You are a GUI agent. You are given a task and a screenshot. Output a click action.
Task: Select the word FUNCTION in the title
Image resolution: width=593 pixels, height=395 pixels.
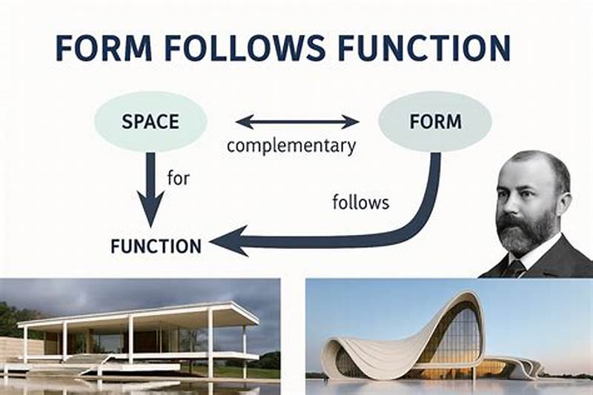[x=425, y=47]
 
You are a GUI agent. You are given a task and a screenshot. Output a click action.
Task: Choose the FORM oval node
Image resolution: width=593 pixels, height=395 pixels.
[x=434, y=121]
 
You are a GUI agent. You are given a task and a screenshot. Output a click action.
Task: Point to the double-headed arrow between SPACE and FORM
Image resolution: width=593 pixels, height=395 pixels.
[x=296, y=121]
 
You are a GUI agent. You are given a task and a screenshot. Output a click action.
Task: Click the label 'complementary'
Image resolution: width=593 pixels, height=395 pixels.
[x=291, y=145]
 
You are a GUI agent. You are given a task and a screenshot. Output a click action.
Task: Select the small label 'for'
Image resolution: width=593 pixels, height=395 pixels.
[x=179, y=178]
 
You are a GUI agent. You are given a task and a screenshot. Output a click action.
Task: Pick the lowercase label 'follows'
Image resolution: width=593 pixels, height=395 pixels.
[x=361, y=202]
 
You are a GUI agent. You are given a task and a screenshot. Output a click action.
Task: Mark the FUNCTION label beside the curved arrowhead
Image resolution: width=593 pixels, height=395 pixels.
[x=156, y=246]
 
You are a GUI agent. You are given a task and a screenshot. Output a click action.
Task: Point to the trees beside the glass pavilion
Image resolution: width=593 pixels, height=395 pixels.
[x=13, y=319]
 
